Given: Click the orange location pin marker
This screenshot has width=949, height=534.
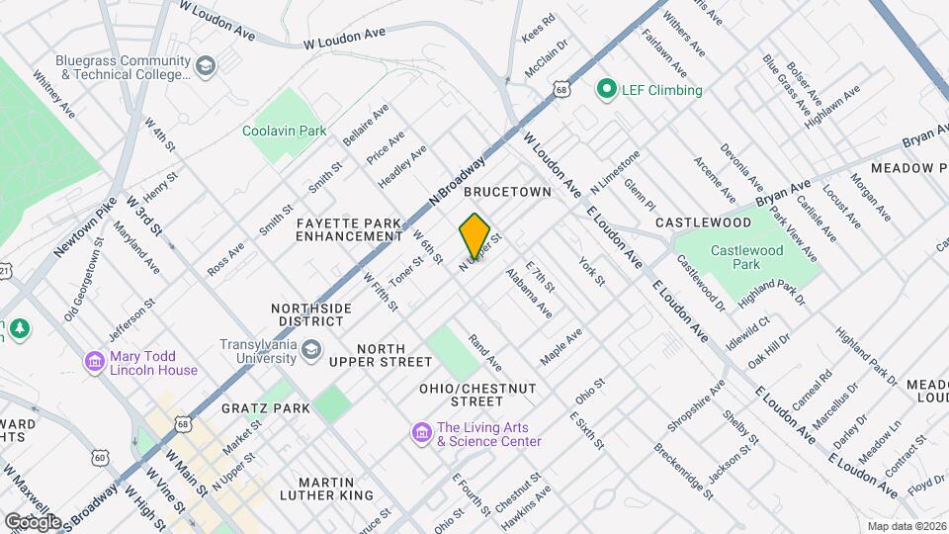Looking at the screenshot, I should [x=475, y=235].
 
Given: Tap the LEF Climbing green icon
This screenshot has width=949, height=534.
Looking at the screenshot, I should [x=606, y=90].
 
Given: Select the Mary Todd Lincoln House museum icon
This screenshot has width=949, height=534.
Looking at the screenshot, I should [x=95, y=363].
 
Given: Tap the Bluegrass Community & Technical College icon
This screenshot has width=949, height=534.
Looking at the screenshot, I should [x=205, y=67].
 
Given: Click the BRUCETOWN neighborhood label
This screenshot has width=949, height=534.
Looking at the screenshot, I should [x=506, y=192].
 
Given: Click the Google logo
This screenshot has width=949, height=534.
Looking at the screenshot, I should [x=33, y=521].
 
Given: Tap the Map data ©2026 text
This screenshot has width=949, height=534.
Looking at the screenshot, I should [x=906, y=526].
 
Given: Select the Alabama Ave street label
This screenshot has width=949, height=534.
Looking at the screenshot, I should [x=529, y=293].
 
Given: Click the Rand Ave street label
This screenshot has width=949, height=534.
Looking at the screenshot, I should [x=485, y=352].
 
